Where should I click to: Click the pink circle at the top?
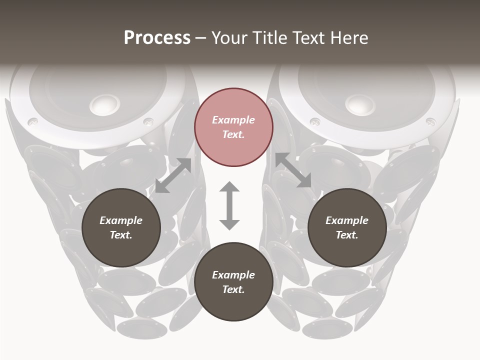[233, 127]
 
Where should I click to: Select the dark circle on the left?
[121, 227]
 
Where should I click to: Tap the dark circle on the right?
[347, 227]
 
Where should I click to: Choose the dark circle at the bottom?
[233, 282]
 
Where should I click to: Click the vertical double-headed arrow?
[229, 205]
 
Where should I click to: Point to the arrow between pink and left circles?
[173, 175]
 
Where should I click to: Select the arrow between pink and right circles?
[293, 170]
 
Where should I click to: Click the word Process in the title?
[157, 37]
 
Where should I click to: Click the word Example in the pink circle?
[233, 120]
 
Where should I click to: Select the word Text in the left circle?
[121, 235]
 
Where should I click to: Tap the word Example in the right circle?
[347, 220]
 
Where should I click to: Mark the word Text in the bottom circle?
[233, 289]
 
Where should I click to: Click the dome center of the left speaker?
[105, 104]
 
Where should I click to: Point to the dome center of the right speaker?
[360, 103]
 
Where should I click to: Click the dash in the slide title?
[201, 38]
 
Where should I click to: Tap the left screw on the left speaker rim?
[32, 121]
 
